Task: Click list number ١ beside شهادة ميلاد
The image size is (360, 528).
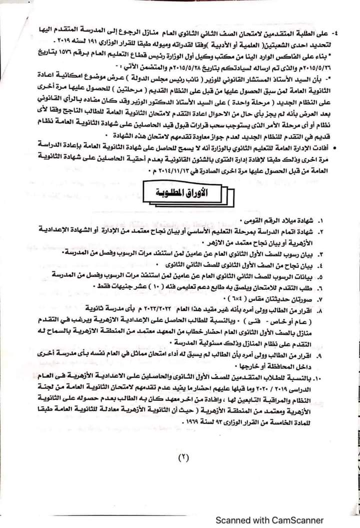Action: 335,221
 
